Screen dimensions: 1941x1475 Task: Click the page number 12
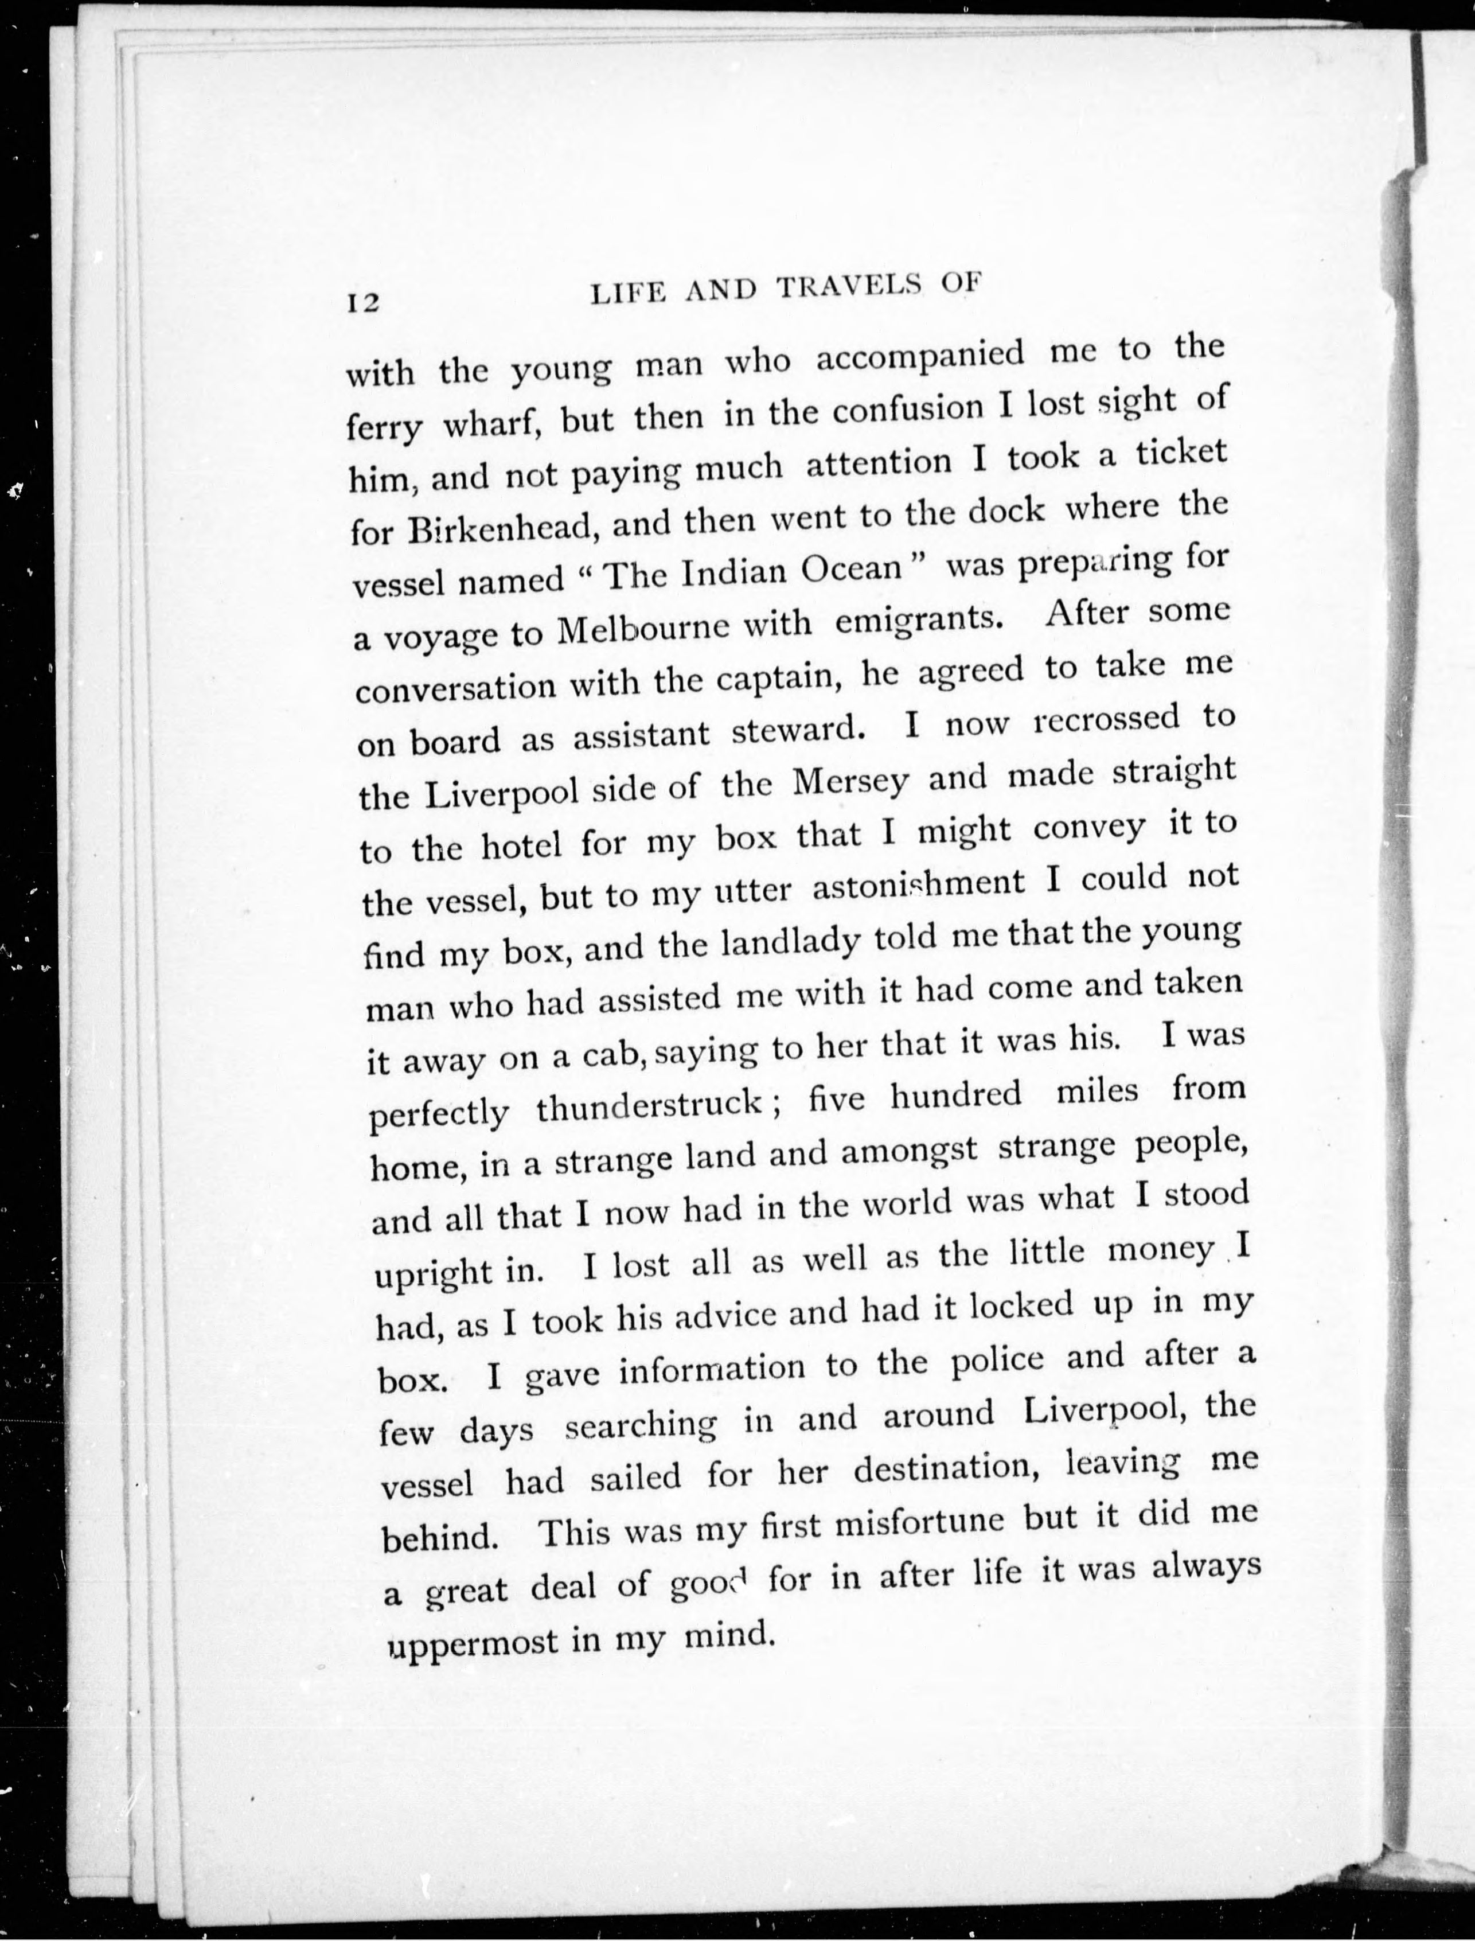point(362,302)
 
